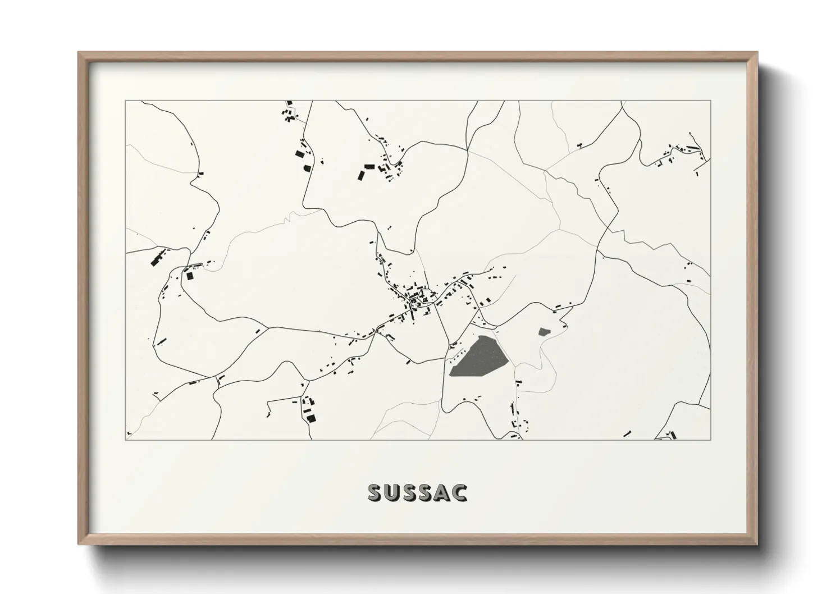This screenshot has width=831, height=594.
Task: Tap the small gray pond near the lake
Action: pyautogui.click(x=543, y=332)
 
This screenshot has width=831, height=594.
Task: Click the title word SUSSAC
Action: pyautogui.click(x=417, y=492)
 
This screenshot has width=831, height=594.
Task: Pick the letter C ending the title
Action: pyautogui.click(x=459, y=492)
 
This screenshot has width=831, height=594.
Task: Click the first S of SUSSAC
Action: pyautogui.click(x=376, y=492)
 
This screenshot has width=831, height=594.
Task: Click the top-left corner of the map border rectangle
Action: pyautogui.click(x=126, y=101)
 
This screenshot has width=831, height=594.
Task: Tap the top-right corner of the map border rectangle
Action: pyautogui.click(x=711, y=101)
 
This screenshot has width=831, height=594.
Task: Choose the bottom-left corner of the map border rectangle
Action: pyautogui.click(x=126, y=440)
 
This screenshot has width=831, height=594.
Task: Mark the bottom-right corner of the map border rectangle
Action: pyautogui.click(x=711, y=440)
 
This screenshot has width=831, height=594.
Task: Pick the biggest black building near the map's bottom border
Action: pyautogui.click(x=309, y=416)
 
